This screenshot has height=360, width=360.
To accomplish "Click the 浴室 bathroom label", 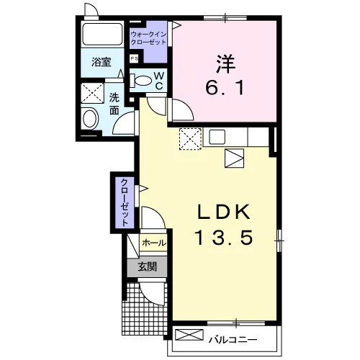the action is pyautogui.click(x=102, y=62).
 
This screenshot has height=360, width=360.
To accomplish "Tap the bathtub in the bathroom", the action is pyautogui.click(x=102, y=34).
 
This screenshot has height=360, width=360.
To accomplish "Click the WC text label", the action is pyautogui.click(x=159, y=81).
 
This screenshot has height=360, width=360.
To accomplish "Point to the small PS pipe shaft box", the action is pyautogui.click(x=135, y=58).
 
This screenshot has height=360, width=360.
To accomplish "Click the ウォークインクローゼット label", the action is pyautogui.click(x=148, y=38).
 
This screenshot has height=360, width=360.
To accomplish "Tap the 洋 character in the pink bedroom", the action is pyautogui.click(x=225, y=64).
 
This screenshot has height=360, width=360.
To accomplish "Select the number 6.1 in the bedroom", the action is pyautogui.click(x=225, y=88).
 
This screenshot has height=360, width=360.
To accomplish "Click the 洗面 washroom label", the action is pyautogui.click(x=114, y=104).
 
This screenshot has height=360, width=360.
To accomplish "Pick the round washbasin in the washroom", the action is pyautogui.click(x=90, y=119).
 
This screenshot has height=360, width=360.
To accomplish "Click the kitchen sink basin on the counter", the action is pyautogui.click(x=217, y=137).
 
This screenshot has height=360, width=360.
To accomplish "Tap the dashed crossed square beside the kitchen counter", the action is pyautogui.click(x=190, y=139).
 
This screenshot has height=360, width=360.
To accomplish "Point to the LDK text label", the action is pyautogui.click(x=224, y=212).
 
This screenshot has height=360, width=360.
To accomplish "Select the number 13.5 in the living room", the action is pyautogui.click(x=225, y=238).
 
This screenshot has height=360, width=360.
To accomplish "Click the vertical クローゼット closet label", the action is pyautogui.click(x=125, y=202).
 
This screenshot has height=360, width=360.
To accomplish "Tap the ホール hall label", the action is pyautogui.click(x=154, y=243).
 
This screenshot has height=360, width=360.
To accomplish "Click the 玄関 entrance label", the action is pyautogui.click(x=147, y=266).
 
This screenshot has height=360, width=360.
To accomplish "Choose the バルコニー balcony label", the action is pyautogui.click(x=233, y=340).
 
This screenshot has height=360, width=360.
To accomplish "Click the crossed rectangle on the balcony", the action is pyautogui.click(x=189, y=335).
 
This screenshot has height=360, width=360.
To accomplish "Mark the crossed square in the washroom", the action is pyautogui.click(x=92, y=93).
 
